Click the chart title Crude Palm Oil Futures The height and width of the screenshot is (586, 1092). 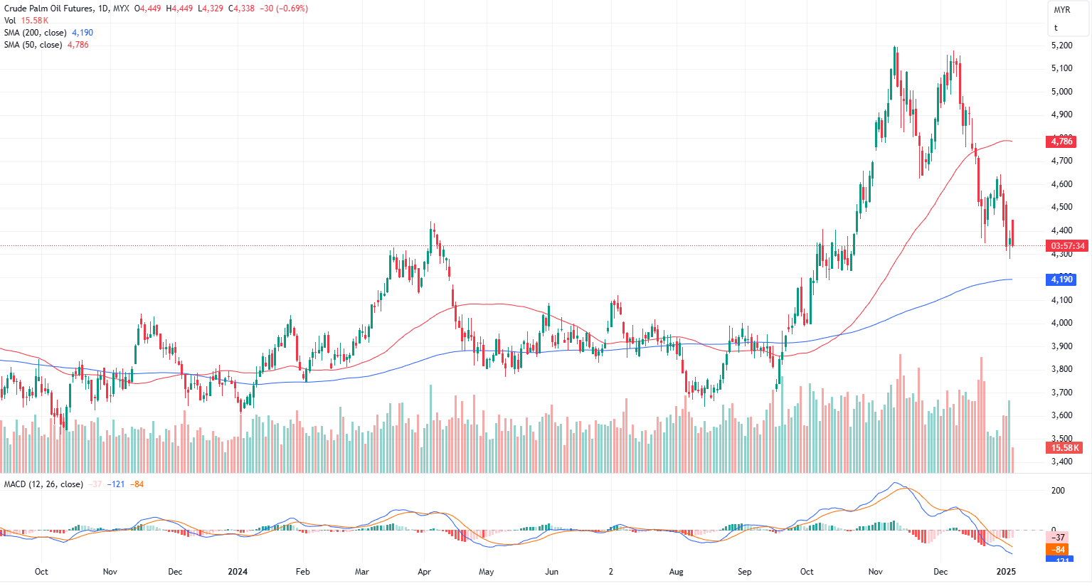pos(48,9)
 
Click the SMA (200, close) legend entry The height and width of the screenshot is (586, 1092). pos(36,33)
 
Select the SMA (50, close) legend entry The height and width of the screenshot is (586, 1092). pos(33,45)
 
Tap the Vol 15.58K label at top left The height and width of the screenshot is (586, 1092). pos(26,21)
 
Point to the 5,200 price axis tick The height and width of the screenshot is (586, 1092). pos(1061,46)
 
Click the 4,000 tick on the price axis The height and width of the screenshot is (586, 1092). pos(1061,323)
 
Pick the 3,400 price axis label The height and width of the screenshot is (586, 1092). pos(1061,462)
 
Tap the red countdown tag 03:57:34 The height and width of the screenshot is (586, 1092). pos(1068,246)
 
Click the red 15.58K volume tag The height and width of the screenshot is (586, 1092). pos(1066,448)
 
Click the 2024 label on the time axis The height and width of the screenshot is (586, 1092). pos(238,572)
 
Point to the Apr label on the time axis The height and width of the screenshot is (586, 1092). pos(424,572)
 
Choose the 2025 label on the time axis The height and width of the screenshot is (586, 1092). pos(1006,572)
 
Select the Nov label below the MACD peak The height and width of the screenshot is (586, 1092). pos(876,572)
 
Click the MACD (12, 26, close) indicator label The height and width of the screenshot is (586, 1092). pos(43,484)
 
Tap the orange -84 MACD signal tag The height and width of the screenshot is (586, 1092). pos(1059,550)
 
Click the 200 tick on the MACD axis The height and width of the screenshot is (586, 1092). pos(1059,491)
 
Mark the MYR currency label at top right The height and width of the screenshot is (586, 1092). pos(1062,10)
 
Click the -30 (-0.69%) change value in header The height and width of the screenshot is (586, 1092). pos(283,9)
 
